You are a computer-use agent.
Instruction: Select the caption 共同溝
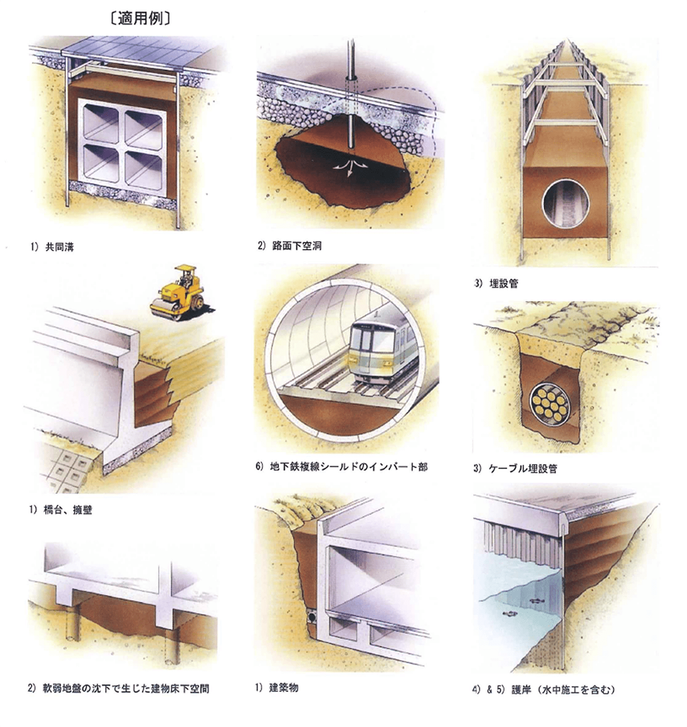point(59,247)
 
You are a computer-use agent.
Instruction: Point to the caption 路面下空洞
point(296,246)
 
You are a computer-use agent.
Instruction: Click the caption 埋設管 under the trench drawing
point(504,283)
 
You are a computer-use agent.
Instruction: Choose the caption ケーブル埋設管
point(523,469)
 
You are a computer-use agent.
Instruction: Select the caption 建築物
point(284,688)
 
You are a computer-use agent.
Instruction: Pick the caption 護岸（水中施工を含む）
point(563,689)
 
